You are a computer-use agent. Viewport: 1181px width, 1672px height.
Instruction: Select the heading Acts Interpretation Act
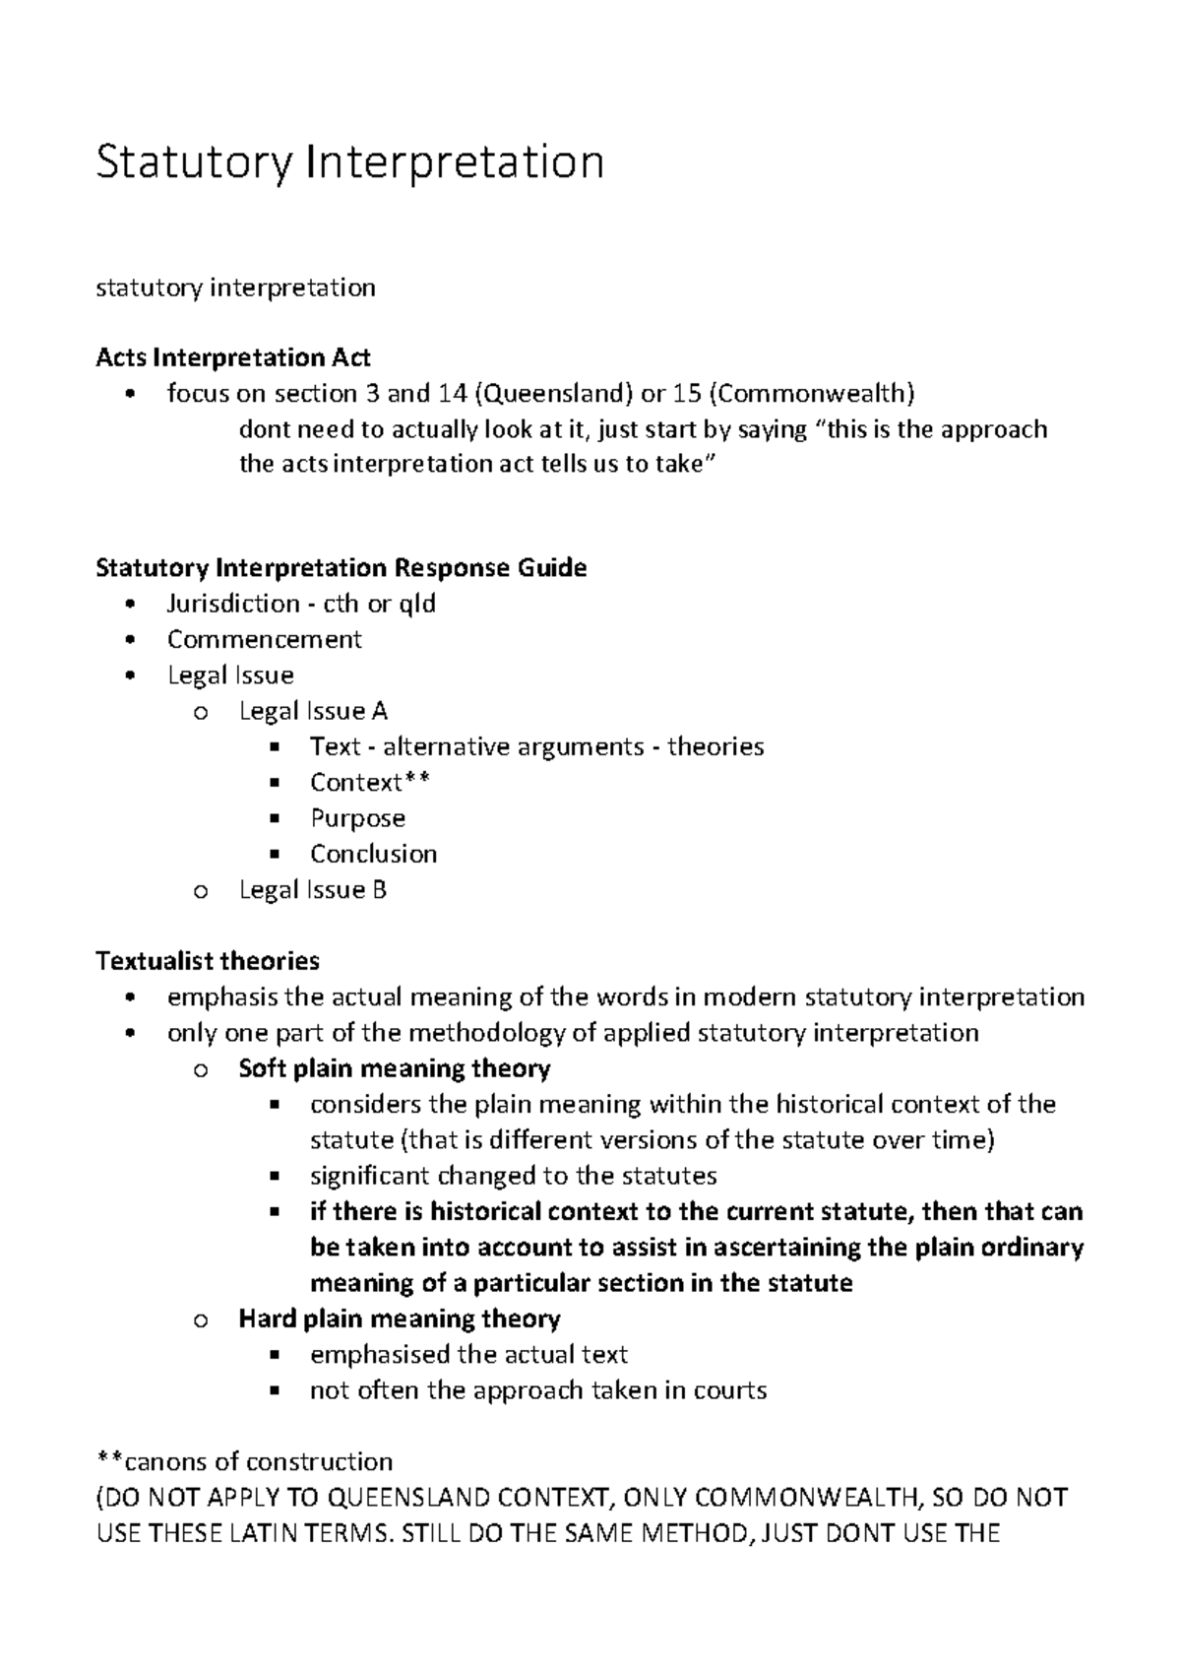[x=233, y=357]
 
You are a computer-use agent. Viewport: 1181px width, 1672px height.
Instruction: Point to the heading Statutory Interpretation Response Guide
[x=341, y=568]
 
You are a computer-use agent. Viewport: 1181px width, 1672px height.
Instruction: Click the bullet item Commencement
[x=264, y=640]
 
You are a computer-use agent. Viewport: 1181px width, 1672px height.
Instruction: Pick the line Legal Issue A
[x=313, y=711]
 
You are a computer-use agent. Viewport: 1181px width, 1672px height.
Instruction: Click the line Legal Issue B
[x=313, y=890]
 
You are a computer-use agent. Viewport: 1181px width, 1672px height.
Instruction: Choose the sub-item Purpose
[x=357, y=818]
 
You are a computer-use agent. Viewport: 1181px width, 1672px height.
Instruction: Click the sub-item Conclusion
[x=373, y=854]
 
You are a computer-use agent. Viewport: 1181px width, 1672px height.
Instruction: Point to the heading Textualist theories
[x=208, y=961]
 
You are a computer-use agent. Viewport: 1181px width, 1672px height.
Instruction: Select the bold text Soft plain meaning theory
[x=394, y=1069]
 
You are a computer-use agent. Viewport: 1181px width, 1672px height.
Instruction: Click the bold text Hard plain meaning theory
[x=399, y=1319]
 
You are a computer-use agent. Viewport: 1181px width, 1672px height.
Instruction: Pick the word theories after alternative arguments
[x=715, y=747]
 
